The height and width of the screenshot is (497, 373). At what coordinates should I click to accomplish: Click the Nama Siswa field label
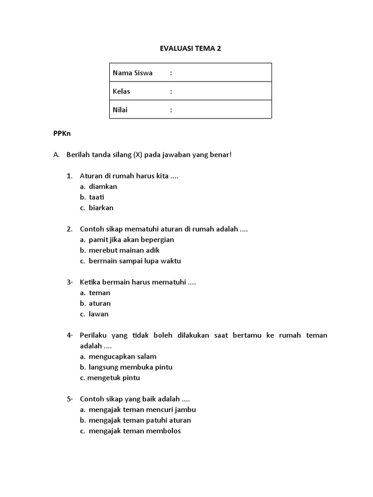[x=133, y=73]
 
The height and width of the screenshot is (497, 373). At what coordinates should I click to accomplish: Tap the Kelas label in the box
[x=121, y=91]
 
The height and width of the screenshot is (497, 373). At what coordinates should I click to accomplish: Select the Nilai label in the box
[x=120, y=110]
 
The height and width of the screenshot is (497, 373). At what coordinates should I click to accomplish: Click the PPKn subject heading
[x=62, y=133]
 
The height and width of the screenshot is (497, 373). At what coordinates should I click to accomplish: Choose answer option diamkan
[x=102, y=186]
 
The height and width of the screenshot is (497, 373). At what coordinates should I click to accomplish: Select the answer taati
[x=96, y=197]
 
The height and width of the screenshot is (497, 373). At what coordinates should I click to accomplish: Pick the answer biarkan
[x=101, y=208]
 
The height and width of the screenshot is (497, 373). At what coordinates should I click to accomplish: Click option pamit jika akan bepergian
[x=131, y=240]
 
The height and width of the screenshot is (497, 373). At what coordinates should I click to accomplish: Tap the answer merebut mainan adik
[x=124, y=250]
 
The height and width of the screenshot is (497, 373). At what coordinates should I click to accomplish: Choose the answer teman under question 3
[x=99, y=293]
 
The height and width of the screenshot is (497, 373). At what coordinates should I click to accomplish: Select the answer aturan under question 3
[x=100, y=303]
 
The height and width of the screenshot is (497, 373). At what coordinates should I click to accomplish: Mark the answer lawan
[x=99, y=314]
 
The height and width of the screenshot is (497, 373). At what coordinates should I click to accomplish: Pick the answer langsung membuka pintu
[x=130, y=367]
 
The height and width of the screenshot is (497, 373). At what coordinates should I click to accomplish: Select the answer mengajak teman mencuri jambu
[x=142, y=410]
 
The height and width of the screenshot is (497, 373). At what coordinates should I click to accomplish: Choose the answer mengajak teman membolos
[x=135, y=431]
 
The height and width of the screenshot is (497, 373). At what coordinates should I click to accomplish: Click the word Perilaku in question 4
[x=93, y=335]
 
